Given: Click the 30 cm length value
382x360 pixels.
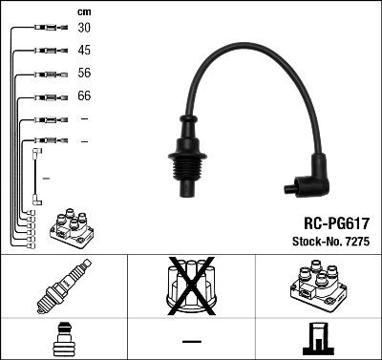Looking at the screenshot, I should (x=85, y=29).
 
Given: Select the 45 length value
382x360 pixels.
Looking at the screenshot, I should (x=85, y=51).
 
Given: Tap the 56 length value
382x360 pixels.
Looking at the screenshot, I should (x=85, y=74).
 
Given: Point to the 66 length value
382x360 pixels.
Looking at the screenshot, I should (x=85, y=96).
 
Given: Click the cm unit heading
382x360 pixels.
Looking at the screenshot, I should (x=84, y=11).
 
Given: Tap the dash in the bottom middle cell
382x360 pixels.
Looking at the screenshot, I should (x=191, y=340).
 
